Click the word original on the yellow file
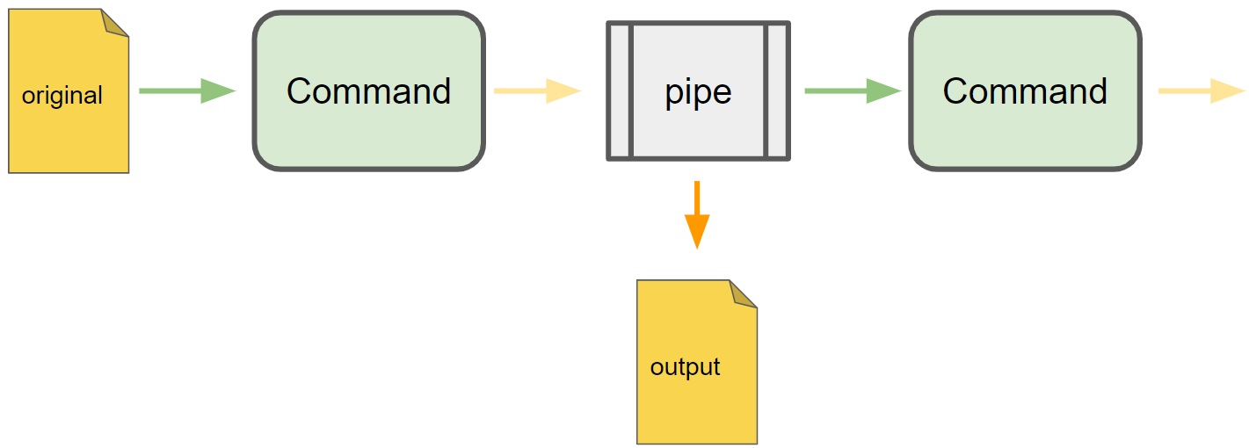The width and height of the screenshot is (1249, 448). [62, 95]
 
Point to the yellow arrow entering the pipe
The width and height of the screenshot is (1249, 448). [537, 90]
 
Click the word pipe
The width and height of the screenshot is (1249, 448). [698, 92]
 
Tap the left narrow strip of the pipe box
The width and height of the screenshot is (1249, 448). [620, 91]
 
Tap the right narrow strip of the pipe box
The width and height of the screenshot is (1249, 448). [777, 91]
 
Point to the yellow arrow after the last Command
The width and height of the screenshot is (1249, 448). [1201, 90]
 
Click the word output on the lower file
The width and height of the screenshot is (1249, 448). [685, 366]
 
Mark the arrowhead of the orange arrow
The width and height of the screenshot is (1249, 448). [696, 233]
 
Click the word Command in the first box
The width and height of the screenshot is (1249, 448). [368, 91]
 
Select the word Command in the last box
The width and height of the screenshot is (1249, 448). [1025, 91]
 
